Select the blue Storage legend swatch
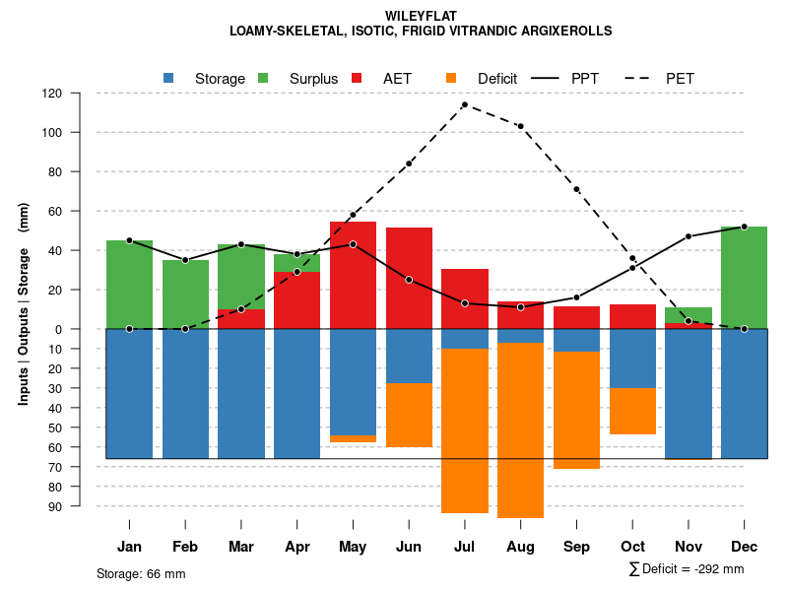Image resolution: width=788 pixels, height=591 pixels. (x=168, y=78)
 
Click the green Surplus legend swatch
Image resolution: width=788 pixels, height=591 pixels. (x=263, y=78)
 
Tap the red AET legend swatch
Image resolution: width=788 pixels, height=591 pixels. (x=357, y=78)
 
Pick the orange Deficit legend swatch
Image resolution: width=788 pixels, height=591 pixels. (x=451, y=78)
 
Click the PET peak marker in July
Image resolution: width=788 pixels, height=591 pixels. (x=465, y=104)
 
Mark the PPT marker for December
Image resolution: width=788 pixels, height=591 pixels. (x=744, y=227)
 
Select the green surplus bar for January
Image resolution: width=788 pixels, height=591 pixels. (x=129, y=285)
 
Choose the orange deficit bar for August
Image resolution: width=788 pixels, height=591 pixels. (x=521, y=429)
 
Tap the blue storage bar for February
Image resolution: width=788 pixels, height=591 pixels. (x=185, y=394)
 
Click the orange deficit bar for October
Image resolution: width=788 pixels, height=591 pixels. (x=632, y=411)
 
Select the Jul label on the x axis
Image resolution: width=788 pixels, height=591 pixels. (x=465, y=547)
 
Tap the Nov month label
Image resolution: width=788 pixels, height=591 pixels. (x=688, y=547)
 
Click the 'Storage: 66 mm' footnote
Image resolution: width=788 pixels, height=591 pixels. (x=141, y=573)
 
